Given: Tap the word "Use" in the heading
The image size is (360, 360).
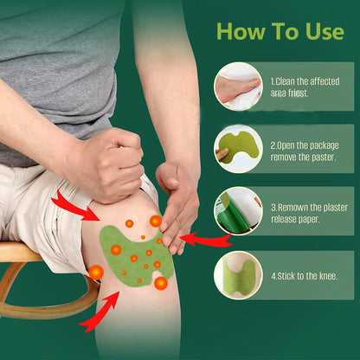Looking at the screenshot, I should (x=323, y=32).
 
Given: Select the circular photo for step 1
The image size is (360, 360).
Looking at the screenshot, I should (x=238, y=86).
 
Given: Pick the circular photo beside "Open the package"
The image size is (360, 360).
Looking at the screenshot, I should (x=238, y=148).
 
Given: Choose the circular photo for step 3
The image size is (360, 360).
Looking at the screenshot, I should (x=238, y=211).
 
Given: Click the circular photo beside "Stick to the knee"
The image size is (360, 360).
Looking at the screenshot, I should (x=238, y=274).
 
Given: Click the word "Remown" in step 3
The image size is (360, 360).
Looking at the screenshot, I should (x=292, y=208).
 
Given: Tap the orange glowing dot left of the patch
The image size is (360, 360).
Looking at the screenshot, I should (x=96, y=273).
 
